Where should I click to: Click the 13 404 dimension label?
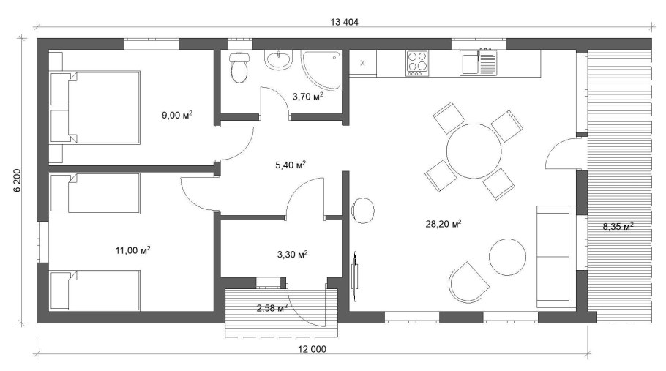coord(343,22)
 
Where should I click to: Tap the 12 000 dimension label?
coord(313,350)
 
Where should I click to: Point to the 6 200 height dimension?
coord(16,180)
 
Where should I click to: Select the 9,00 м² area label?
coord(176,114)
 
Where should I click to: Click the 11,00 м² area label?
coord(132,250)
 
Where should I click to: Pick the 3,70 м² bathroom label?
coord(307,96)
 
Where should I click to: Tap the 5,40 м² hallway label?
coord(290,165)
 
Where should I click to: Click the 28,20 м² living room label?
coord(445,224)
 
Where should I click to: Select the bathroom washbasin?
coord(278,60)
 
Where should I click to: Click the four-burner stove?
coord(418,63)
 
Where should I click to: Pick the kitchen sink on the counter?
coord(479,63)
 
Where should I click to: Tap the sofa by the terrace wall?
coord(554,257)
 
